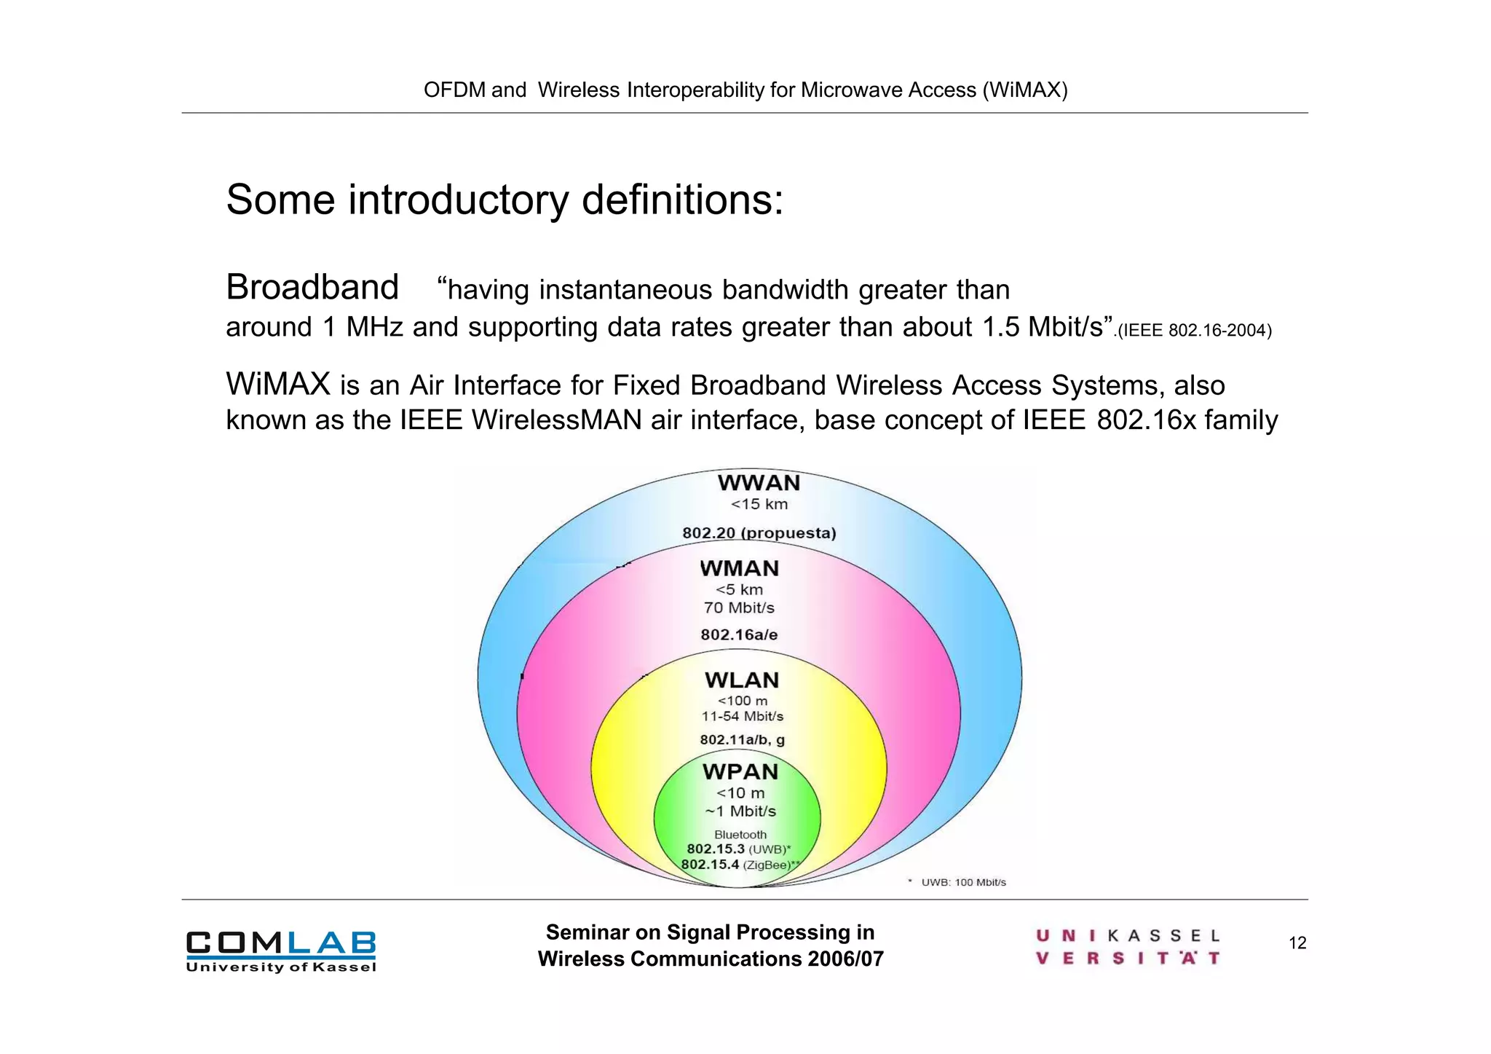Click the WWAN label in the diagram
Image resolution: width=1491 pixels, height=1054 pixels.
click(759, 483)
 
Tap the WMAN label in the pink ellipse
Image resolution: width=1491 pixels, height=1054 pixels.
click(740, 568)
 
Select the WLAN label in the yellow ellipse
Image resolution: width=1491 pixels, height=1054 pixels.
click(742, 680)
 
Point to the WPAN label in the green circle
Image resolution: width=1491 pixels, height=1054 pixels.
click(740, 771)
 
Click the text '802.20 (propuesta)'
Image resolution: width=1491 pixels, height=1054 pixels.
click(759, 533)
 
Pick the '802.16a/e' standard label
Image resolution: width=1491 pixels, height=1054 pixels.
click(739, 634)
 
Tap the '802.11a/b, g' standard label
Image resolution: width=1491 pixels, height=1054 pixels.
click(742, 740)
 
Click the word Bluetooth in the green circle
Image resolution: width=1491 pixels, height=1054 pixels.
click(740, 835)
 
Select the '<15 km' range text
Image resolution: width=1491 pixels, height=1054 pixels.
click(759, 504)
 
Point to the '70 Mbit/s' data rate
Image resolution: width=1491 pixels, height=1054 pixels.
click(739, 607)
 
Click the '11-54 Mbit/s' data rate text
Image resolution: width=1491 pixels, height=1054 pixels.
click(742, 716)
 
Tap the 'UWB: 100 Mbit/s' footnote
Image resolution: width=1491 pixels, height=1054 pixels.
click(962, 882)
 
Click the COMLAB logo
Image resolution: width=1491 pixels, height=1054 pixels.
click(281, 951)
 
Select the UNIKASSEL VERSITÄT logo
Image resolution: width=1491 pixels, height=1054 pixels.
click(1128, 946)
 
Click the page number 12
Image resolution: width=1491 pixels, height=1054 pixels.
click(1297, 943)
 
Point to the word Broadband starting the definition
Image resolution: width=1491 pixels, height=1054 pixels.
click(312, 287)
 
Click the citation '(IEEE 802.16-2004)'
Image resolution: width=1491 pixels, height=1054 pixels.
click(1195, 331)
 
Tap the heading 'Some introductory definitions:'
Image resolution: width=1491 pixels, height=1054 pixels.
click(505, 200)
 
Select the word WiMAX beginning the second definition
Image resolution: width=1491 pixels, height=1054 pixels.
click(278, 384)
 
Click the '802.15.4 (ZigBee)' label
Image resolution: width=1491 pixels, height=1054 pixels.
click(740, 865)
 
